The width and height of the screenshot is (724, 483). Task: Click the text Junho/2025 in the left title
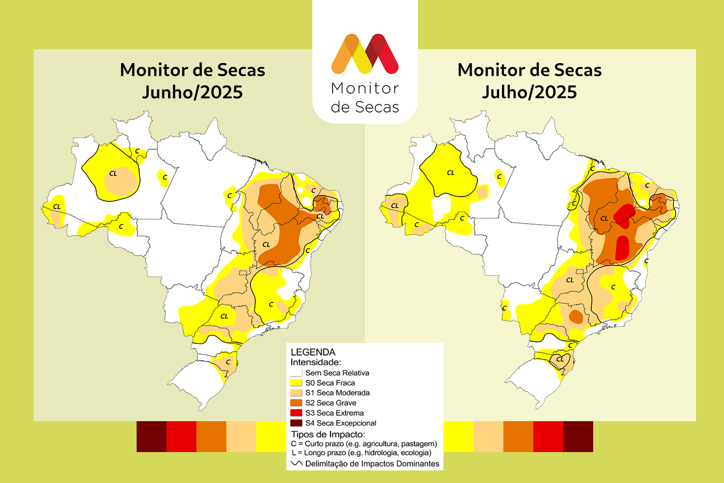[192, 92]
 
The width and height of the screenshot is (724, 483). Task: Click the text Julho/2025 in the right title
[529, 92]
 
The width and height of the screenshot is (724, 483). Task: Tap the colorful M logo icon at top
[365, 54]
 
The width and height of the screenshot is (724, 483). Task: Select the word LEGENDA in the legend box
[313, 352]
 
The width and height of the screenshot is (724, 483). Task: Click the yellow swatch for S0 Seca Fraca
[296, 383]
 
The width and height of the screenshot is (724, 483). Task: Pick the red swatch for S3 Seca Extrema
[296, 413]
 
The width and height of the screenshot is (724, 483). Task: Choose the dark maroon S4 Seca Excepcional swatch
[296, 423]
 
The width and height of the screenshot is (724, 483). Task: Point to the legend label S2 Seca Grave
[331, 403]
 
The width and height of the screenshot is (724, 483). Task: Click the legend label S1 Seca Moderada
[337, 393]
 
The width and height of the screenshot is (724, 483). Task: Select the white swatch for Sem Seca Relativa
[296, 373]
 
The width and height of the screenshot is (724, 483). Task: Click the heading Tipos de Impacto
[328, 434]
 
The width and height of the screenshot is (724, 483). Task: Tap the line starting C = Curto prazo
[364, 443]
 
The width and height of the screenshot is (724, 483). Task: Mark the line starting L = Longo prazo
[362, 453]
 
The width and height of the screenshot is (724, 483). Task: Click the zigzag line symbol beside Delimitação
[297, 464]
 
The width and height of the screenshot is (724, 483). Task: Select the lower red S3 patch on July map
[622, 247]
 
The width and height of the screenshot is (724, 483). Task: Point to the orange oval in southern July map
[576, 316]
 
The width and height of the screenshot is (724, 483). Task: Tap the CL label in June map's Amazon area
[113, 173]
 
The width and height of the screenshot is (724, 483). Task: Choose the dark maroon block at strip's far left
[152, 437]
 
